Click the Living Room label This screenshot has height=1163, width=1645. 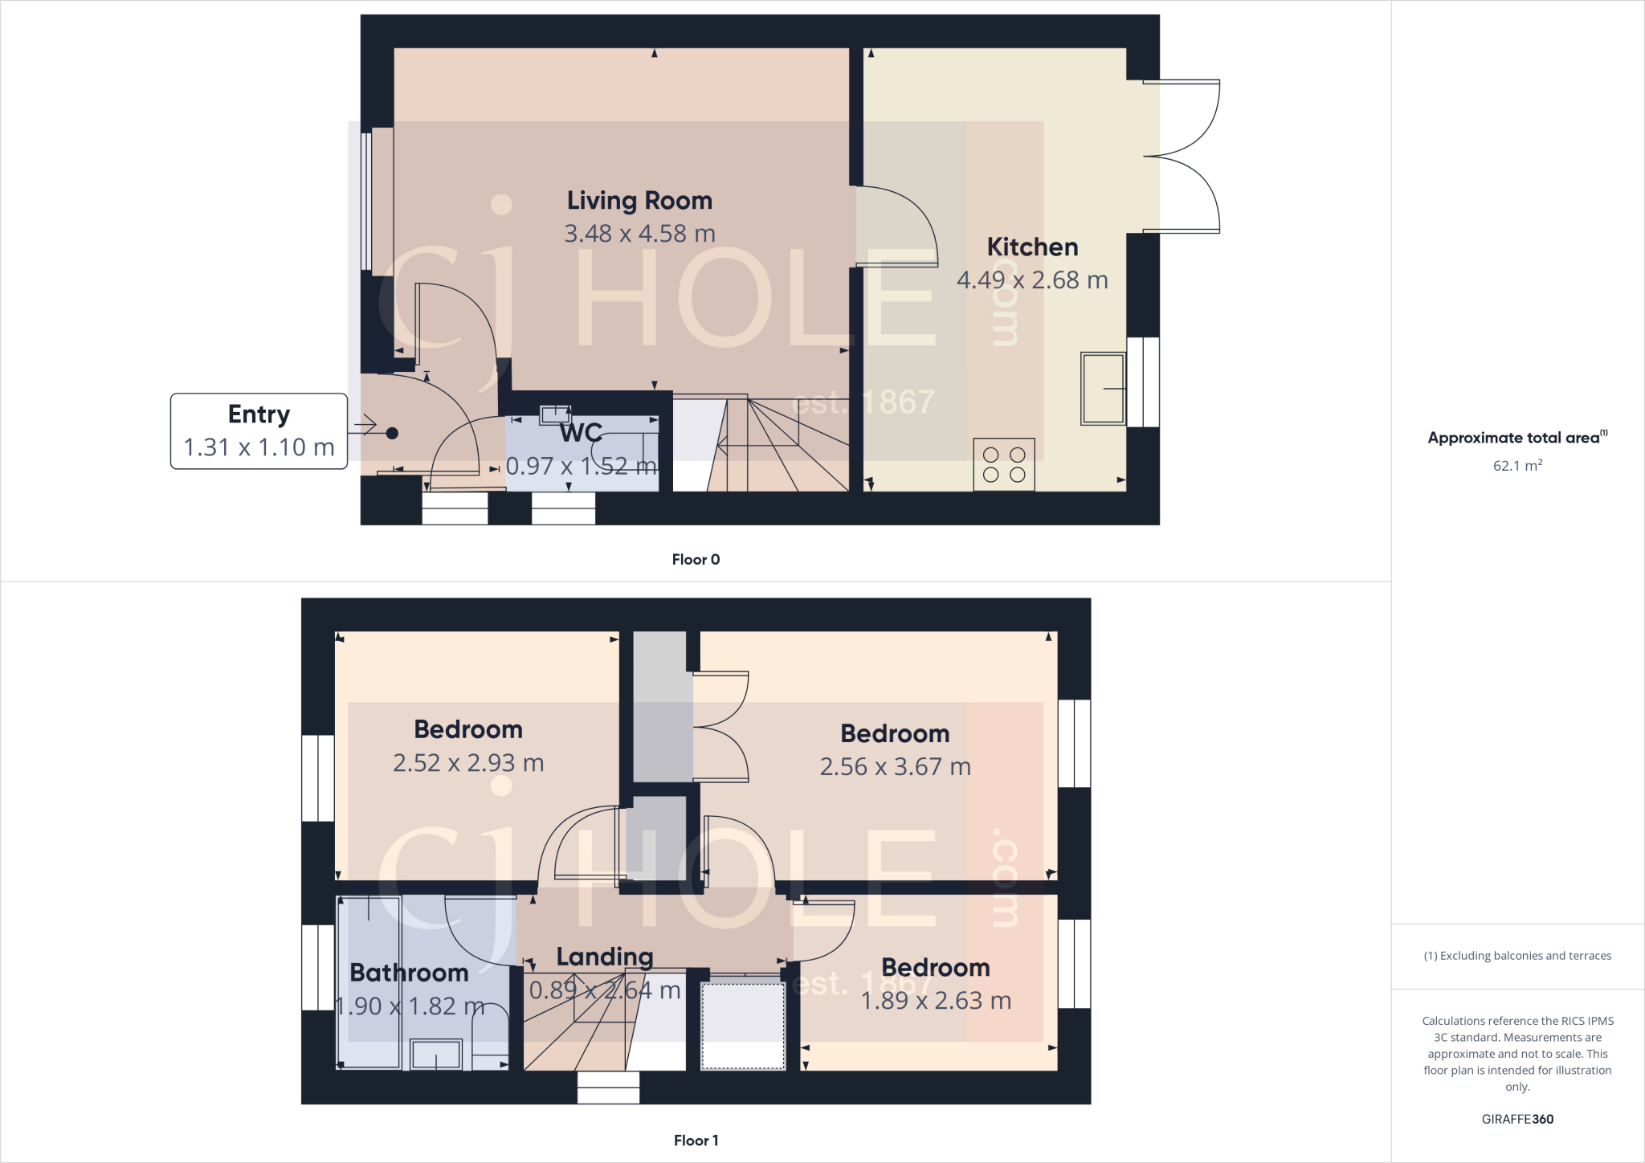click(x=639, y=201)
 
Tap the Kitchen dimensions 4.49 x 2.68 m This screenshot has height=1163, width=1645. click(x=1032, y=280)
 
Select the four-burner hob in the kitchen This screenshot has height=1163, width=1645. click(x=1004, y=464)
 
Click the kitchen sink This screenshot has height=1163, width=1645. click(x=1103, y=389)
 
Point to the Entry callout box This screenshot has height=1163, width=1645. click(x=259, y=431)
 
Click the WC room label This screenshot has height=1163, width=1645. click(x=581, y=433)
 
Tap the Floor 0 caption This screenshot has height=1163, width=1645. click(x=696, y=560)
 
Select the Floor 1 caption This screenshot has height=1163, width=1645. click(x=696, y=1141)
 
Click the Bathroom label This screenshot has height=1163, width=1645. click(x=409, y=973)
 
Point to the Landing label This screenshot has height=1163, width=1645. click(x=605, y=957)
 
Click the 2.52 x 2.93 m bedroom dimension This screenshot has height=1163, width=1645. click(x=468, y=763)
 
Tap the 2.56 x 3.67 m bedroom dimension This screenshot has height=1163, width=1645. click(x=895, y=767)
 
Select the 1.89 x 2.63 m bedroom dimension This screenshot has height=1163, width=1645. click(x=936, y=1001)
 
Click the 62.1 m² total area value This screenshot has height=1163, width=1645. click(x=1517, y=466)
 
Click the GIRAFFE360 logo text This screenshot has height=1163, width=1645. click(x=1517, y=1119)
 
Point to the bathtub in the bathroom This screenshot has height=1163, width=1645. click(x=369, y=982)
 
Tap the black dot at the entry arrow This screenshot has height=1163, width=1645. click(x=392, y=434)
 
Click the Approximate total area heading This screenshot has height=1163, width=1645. click(x=1517, y=438)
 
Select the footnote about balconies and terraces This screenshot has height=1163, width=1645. click(x=1517, y=956)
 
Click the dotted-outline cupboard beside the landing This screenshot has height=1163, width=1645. click(x=743, y=1026)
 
